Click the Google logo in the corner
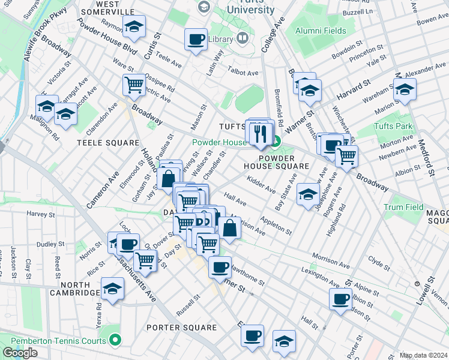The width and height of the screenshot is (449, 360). pyautogui.click(x=20, y=353)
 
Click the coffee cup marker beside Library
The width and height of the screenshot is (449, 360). pyautogui.click(x=195, y=40)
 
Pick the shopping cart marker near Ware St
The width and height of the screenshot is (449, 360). pyautogui.click(x=133, y=84)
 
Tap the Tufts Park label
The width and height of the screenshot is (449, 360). pyautogui.click(x=393, y=126)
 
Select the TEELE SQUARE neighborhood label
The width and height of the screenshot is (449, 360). pyautogui.click(x=100, y=143)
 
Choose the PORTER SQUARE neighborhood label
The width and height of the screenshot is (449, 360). pyautogui.click(x=182, y=328)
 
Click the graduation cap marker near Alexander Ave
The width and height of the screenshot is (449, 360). pyautogui.click(x=405, y=90)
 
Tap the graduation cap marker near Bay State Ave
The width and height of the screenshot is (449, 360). pyautogui.click(x=308, y=195)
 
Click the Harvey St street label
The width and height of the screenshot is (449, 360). pyautogui.click(x=41, y=214)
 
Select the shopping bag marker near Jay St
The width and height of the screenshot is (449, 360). pyautogui.click(x=169, y=178)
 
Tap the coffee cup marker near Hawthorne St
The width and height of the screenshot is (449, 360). pyautogui.click(x=220, y=266)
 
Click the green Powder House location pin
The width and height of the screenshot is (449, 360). pyautogui.click(x=276, y=142)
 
